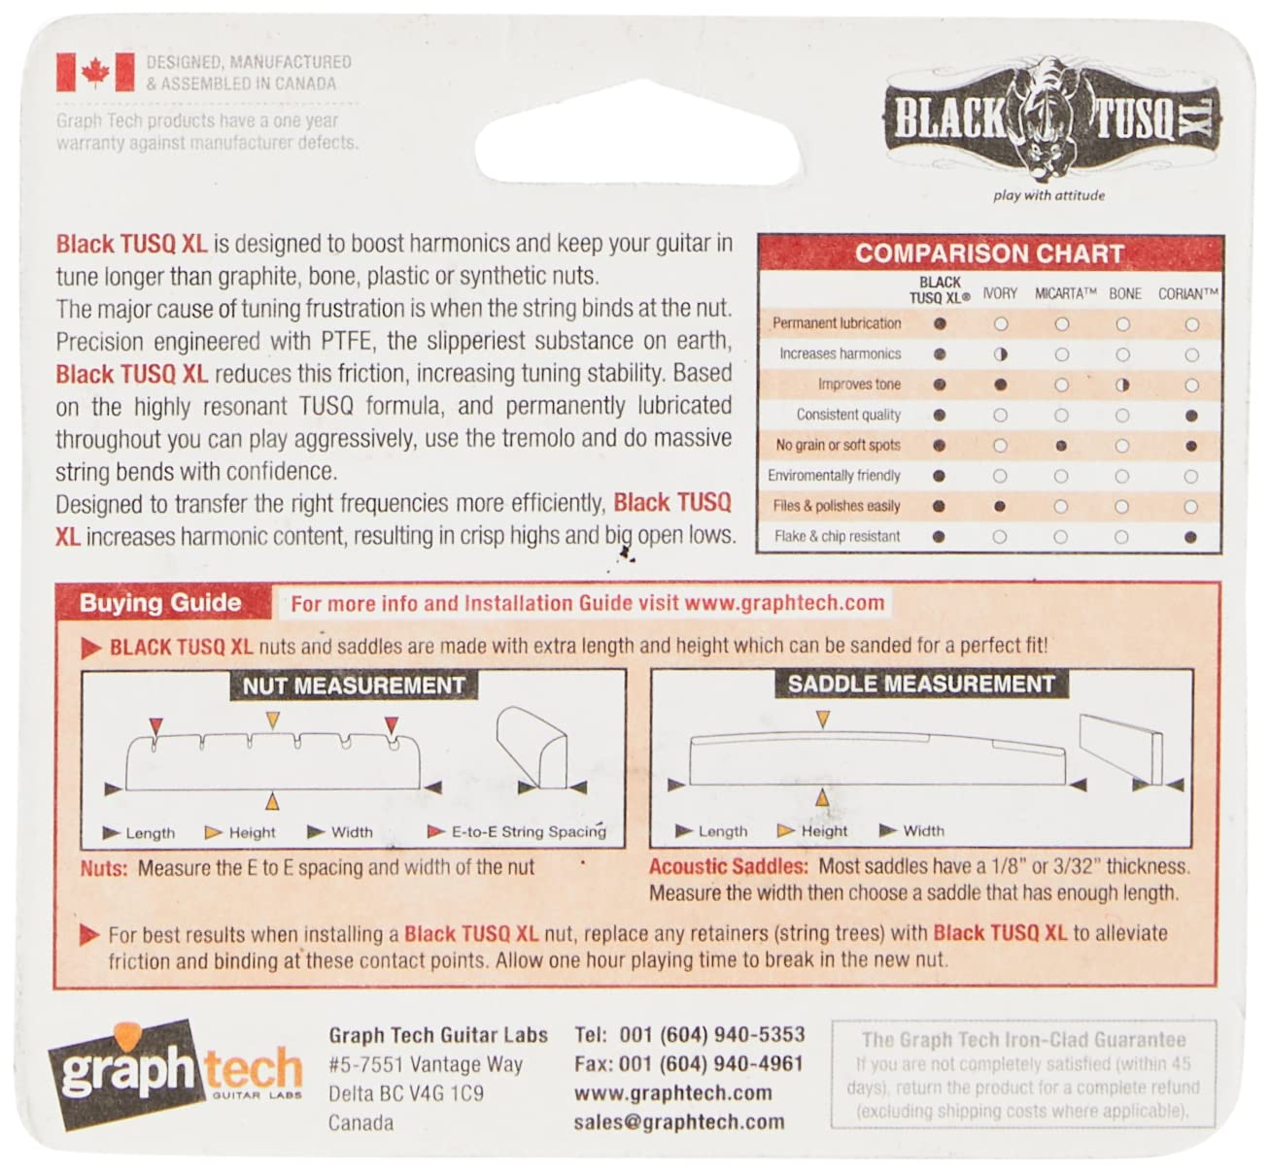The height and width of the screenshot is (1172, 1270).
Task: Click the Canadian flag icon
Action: (95, 73)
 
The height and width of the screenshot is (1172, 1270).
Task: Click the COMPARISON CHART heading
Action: (989, 254)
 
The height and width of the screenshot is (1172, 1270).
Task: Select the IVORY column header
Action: (1000, 292)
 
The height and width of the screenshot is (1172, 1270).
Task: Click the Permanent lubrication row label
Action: (837, 323)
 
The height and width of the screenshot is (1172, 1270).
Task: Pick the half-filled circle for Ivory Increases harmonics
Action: (1001, 354)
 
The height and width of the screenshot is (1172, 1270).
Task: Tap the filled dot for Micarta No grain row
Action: (1062, 446)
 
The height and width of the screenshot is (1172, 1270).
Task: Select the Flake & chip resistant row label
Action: (838, 536)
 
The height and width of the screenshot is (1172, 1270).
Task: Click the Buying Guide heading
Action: (160, 603)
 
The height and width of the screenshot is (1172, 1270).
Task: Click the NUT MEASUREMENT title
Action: (354, 686)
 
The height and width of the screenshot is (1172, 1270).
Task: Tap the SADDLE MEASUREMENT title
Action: (920, 685)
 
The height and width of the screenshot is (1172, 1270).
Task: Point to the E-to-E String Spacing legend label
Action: (528, 832)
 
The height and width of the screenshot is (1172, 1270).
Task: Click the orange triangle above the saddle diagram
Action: (823, 720)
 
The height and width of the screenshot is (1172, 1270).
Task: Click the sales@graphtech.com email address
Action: (678, 1122)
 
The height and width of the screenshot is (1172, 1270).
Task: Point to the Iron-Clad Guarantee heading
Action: (1023, 1040)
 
